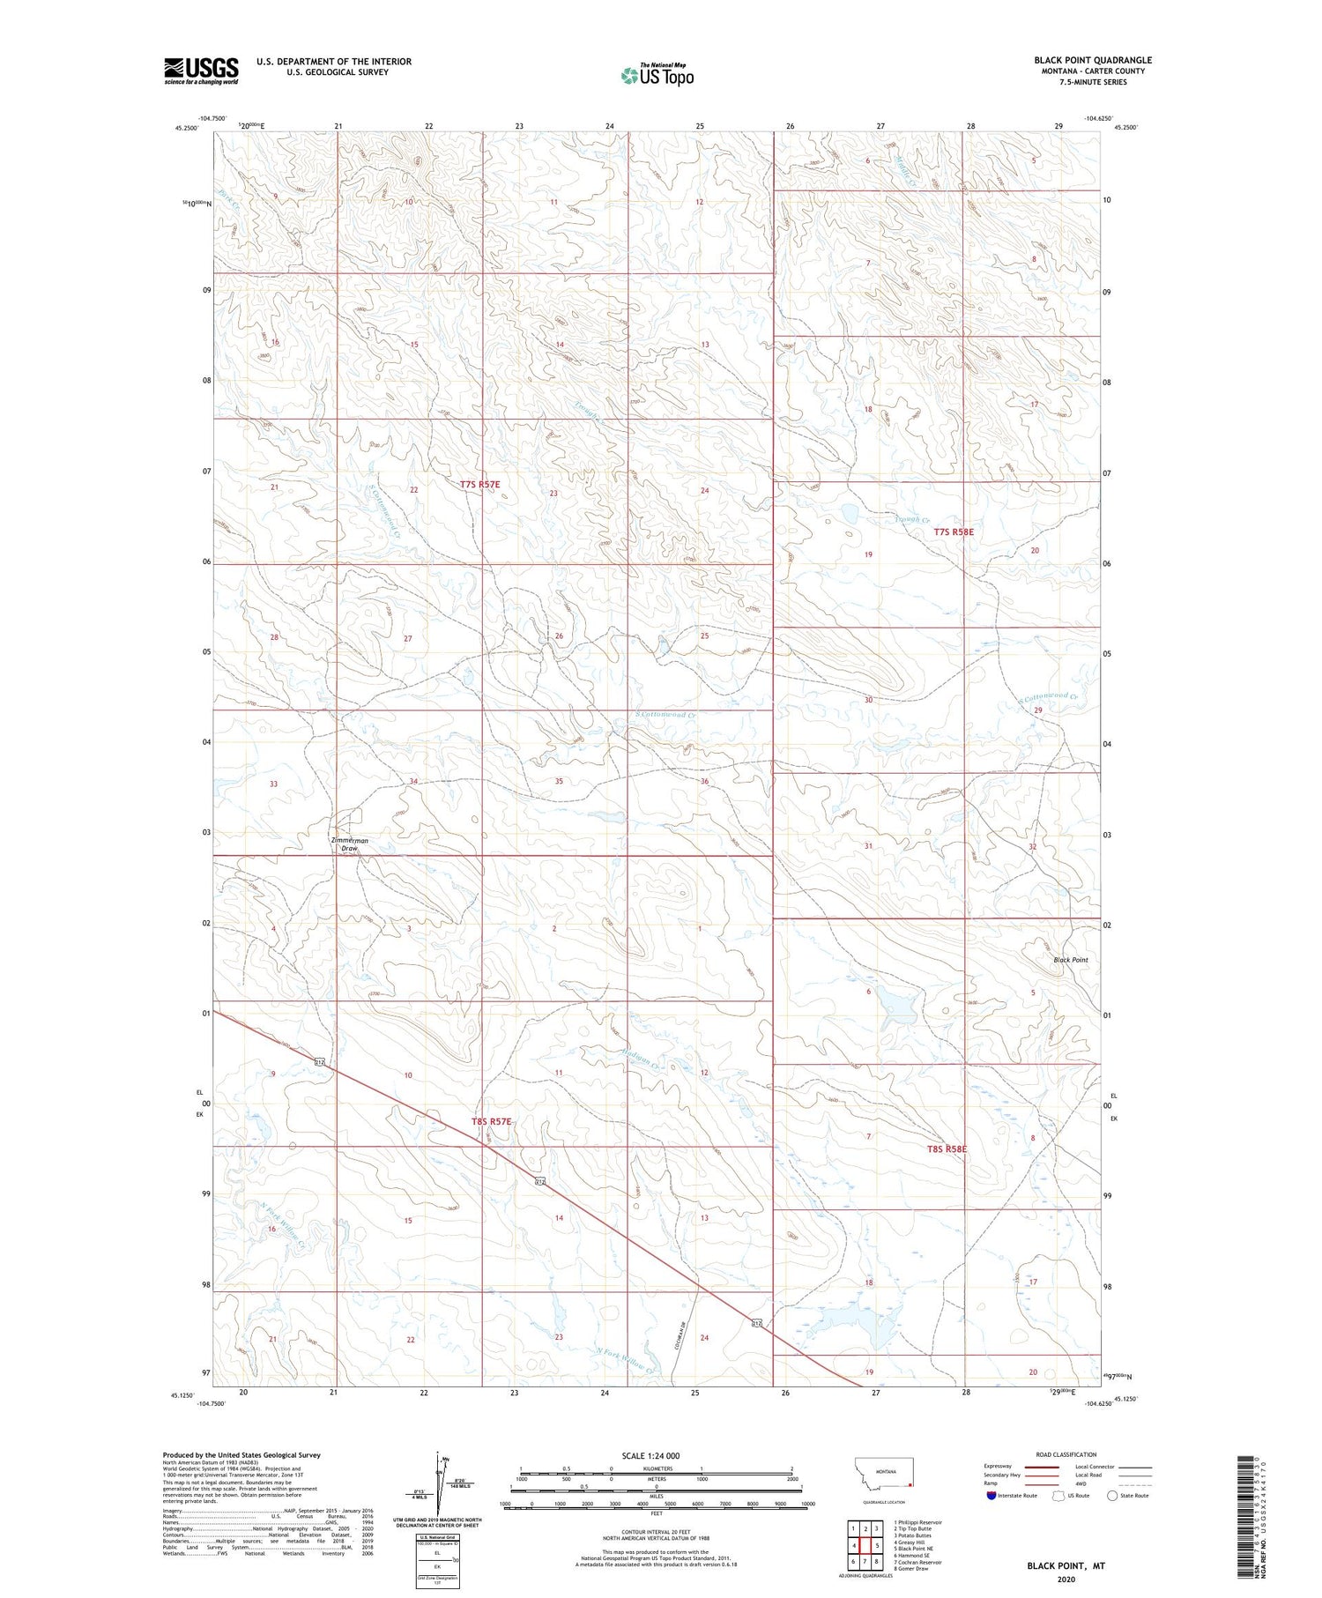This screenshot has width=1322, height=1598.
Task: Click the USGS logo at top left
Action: click(201, 71)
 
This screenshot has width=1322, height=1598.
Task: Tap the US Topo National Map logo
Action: click(657, 75)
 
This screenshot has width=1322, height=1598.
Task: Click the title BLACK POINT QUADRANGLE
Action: click(1092, 60)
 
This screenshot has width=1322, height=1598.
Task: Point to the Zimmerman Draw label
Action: click(350, 844)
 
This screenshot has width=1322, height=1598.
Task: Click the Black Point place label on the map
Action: click(1070, 960)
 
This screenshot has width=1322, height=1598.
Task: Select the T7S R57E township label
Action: click(479, 485)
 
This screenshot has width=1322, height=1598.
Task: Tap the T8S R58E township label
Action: click(947, 1149)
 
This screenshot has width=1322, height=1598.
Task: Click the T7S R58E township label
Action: click(954, 532)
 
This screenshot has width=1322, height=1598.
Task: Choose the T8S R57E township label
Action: click(491, 1121)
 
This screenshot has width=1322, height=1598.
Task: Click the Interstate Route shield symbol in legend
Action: click(991, 1496)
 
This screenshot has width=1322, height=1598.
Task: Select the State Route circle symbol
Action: click(1112, 1496)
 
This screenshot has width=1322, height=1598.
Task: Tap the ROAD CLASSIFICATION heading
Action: click(1066, 1454)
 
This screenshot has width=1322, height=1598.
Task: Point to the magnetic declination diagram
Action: click(438, 1483)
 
